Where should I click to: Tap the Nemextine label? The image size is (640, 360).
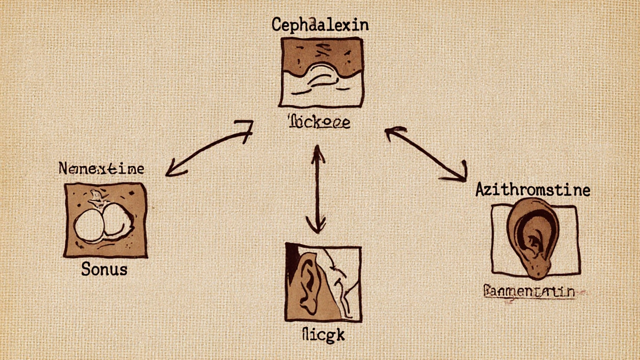(x=101, y=168)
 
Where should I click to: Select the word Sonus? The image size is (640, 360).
(x=104, y=269)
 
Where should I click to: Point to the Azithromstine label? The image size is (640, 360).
(x=532, y=190)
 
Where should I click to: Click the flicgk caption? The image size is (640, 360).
(x=324, y=334)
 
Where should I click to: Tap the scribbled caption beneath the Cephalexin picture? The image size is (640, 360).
(x=319, y=122)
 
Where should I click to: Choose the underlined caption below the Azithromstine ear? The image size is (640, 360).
(x=529, y=291)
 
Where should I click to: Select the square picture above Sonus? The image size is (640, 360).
(x=105, y=220)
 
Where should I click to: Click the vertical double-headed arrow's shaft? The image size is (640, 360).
(x=317, y=190)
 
